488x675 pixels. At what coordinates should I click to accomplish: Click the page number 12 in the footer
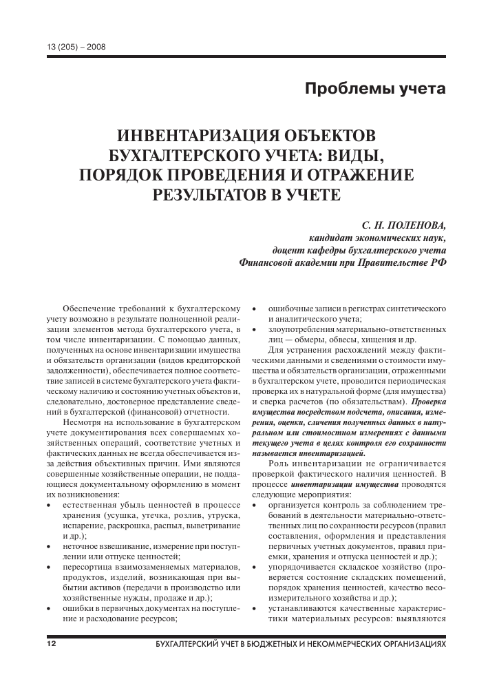50,643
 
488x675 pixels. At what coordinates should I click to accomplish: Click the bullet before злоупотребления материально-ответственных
254,330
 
